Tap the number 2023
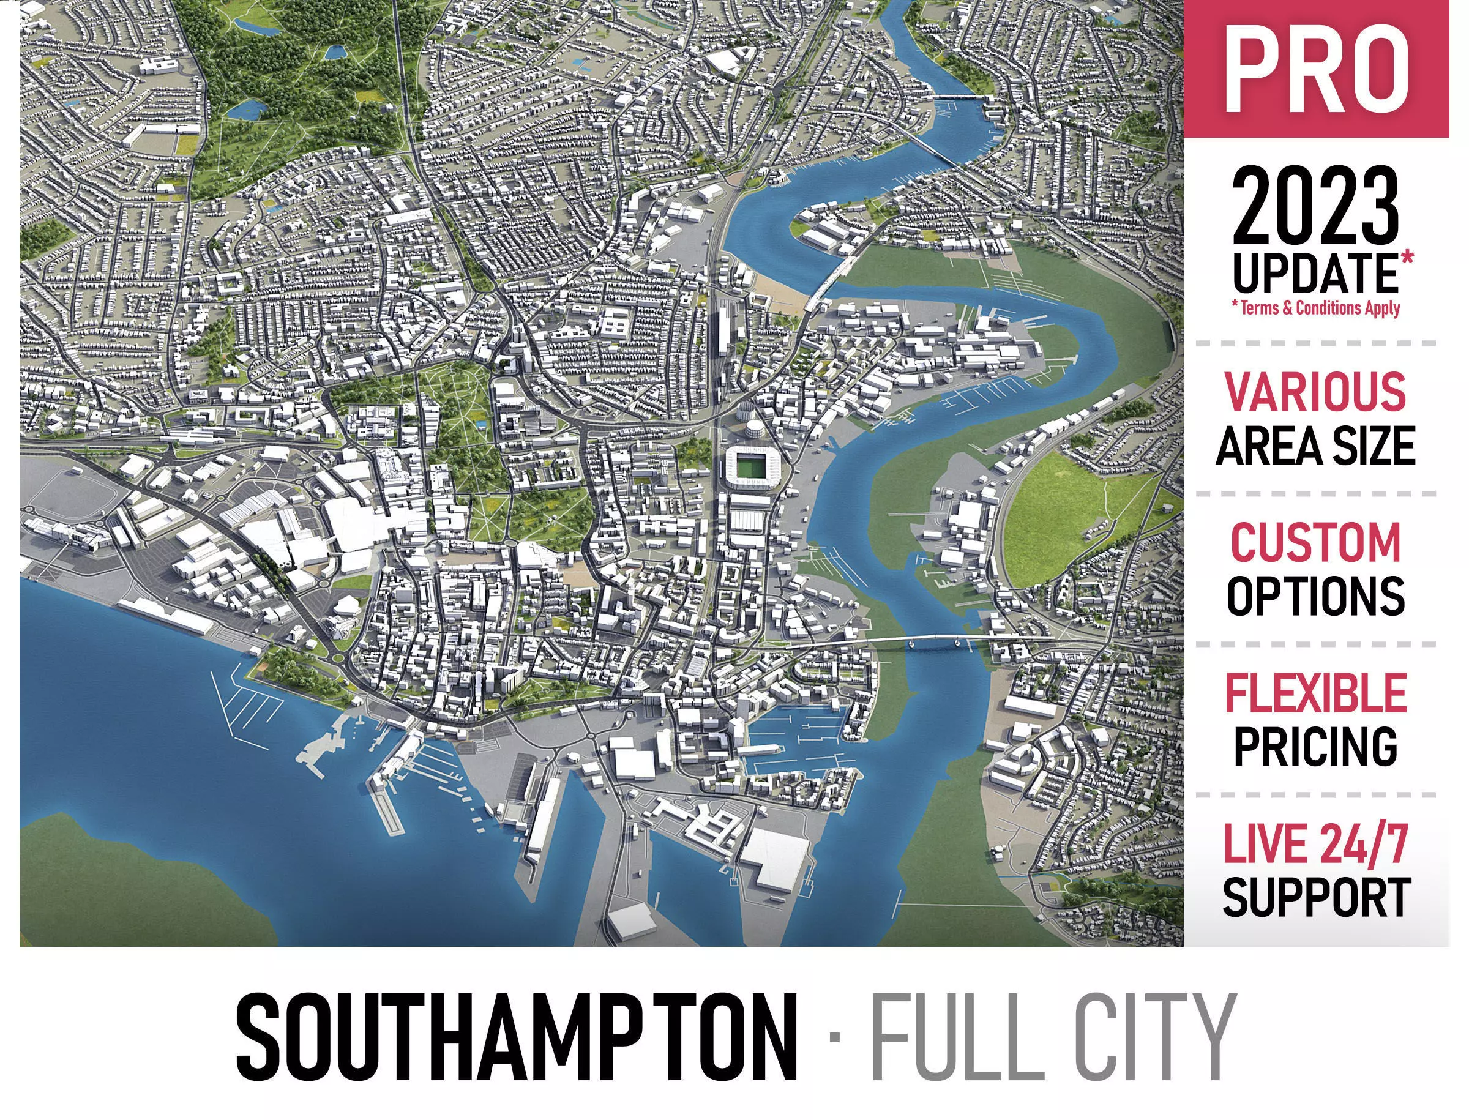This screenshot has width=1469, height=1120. [x=1315, y=207]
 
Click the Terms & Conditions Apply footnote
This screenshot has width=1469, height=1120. [x=1315, y=308]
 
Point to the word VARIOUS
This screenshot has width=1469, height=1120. [x=1315, y=392]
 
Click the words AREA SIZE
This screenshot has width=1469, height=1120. [x=1315, y=446]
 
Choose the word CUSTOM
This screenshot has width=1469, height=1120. [x=1315, y=543]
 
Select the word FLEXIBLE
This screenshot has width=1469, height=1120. [x=1315, y=693]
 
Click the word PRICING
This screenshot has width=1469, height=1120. [x=1315, y=746]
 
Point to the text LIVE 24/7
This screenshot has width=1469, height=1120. [x=1315, y=844]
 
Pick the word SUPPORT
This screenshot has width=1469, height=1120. [x=1315, y=897]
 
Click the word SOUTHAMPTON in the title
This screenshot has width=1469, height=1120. [x=517, y=1037]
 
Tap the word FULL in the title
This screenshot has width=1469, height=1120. [x=957, y=1037]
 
